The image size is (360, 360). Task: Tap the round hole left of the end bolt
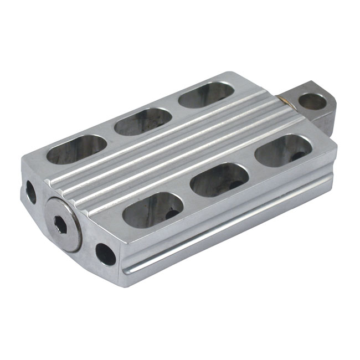tap(31, 192)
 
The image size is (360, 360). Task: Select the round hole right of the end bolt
tap(105, 254)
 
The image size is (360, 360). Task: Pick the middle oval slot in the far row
tap(143, 121)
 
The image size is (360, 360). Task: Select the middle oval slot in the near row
tap(219, 180)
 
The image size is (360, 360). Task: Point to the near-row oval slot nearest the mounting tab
tap(284, 151)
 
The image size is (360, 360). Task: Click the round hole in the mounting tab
tap(312, 101)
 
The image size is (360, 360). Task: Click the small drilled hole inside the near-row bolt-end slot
tap(172, 214)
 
